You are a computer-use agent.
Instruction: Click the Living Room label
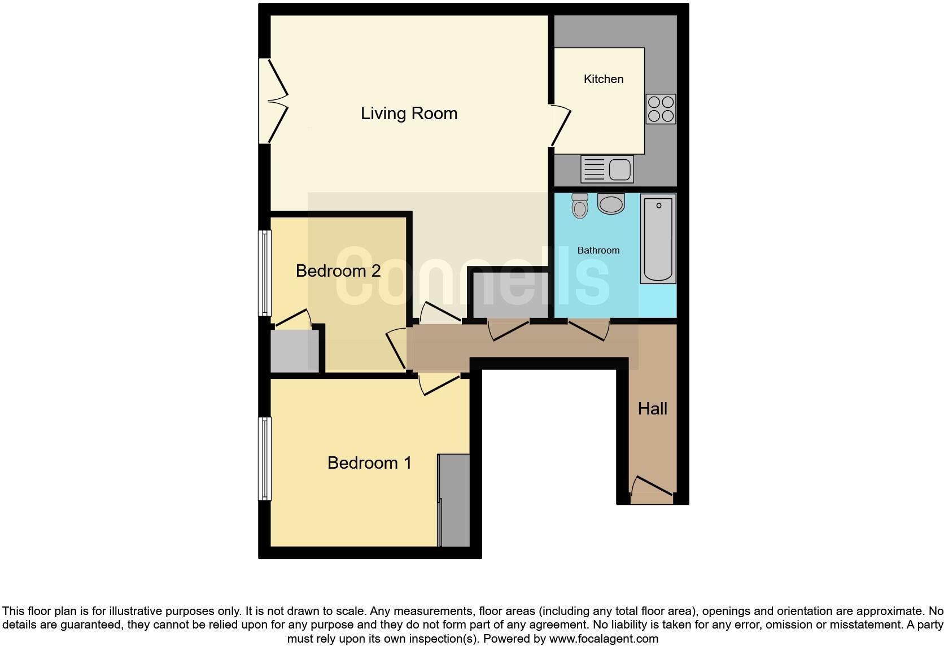[409, 114]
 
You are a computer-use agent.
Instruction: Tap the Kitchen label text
[604, 79]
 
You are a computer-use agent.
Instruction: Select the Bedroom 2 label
[338, 271]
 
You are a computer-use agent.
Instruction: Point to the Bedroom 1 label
[369, 463]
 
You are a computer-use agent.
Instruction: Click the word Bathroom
[598, 250]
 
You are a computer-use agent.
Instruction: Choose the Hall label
[652, 409]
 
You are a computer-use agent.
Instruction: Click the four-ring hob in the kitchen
[661, 108]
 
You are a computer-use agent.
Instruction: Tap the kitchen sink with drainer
[607, 169]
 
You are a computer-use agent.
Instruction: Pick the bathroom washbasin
[611, 203]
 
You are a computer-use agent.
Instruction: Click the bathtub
[658, 238]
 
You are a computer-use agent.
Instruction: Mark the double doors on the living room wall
[275, 102]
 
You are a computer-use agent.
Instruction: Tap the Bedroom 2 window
[264, 272]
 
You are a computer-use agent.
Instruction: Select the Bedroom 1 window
[264, 459]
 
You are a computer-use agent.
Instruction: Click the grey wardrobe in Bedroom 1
[454, 500]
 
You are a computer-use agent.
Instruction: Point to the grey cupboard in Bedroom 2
[294, 351]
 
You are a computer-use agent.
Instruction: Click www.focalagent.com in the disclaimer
[603, 639]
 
